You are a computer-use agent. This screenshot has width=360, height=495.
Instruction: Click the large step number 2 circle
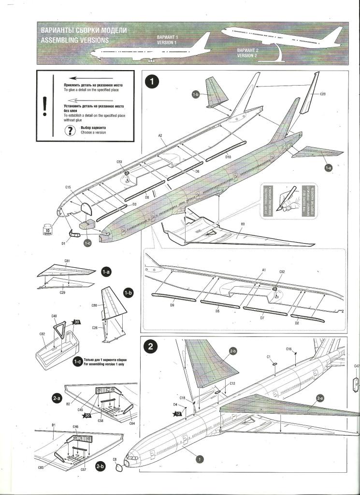pos(151,346)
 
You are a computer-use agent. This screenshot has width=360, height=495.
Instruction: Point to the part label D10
pos(228,157)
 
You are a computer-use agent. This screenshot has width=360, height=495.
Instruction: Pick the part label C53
pos(119,162)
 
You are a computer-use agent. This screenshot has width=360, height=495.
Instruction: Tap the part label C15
pos(68,187)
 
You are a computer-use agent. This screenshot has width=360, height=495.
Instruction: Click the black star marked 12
pos(177,413)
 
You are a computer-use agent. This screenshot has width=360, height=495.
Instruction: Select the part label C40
pos(54,316)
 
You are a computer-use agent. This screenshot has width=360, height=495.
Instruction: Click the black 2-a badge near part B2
pos(57,398)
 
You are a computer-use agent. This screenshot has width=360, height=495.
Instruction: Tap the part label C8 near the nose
pos(115,460)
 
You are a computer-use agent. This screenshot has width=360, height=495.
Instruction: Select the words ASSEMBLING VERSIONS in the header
pos(75,40)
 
